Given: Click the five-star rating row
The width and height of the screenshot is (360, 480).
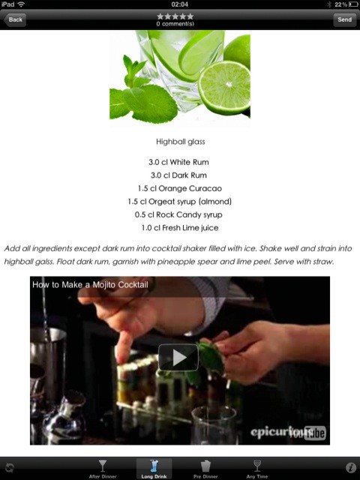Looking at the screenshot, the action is [x=175, y=16].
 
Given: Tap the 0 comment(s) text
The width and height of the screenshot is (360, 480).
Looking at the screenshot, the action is [x=175, y=24].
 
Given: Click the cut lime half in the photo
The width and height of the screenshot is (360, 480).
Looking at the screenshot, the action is [x=224, y=88].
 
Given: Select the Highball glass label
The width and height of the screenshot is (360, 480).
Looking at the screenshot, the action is [x=180, y=142].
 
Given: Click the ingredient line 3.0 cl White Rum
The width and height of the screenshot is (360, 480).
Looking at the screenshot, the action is [x=178, y=162].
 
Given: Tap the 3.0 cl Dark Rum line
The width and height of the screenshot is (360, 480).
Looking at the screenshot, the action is [x=178, y=175].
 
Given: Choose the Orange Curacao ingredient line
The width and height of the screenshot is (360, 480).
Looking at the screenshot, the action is [x=180, y=188].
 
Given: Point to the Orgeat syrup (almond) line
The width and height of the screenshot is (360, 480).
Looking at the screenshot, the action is [x=180, y=202].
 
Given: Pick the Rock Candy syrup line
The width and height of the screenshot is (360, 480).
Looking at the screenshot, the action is [x=178, y=215].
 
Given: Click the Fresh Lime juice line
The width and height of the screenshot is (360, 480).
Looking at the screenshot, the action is [x=180, y=228].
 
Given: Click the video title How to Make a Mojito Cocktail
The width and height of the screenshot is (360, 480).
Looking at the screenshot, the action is [x=90, y=285].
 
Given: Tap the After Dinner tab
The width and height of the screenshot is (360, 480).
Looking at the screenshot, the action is [x=103, y=469].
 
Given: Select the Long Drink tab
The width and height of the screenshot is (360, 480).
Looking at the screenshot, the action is [x=154, y=469].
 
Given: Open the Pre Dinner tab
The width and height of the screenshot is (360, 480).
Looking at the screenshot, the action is [x=205, y=469].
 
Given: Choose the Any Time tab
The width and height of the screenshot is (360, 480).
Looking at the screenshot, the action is [x=257, y=469].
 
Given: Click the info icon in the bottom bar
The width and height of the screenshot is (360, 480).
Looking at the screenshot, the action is [x=350, y=467].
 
